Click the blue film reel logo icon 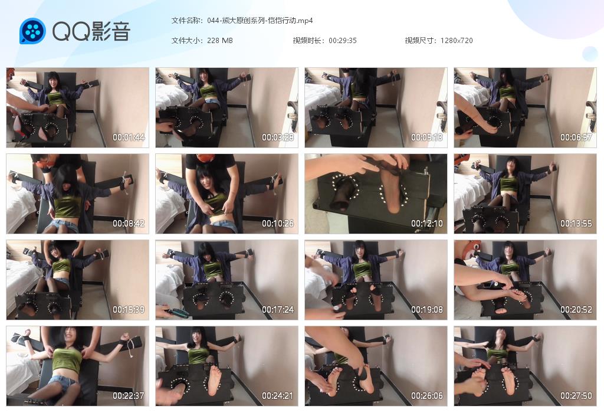point(33,31)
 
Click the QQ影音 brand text point(91,31)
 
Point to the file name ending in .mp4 point(260,21)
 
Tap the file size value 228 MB point(220,41)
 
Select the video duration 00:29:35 point(343,41)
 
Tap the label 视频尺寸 point(419,41)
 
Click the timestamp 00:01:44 point(129,137)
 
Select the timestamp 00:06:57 point(576,137)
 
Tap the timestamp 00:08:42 point(129,224)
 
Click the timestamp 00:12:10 point(427,224)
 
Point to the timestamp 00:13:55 point(576,224)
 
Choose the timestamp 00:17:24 point(278,310)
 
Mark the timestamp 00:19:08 point(427,310)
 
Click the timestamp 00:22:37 point(129,396)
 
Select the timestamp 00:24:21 point(278,396)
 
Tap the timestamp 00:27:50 point(576,396)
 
